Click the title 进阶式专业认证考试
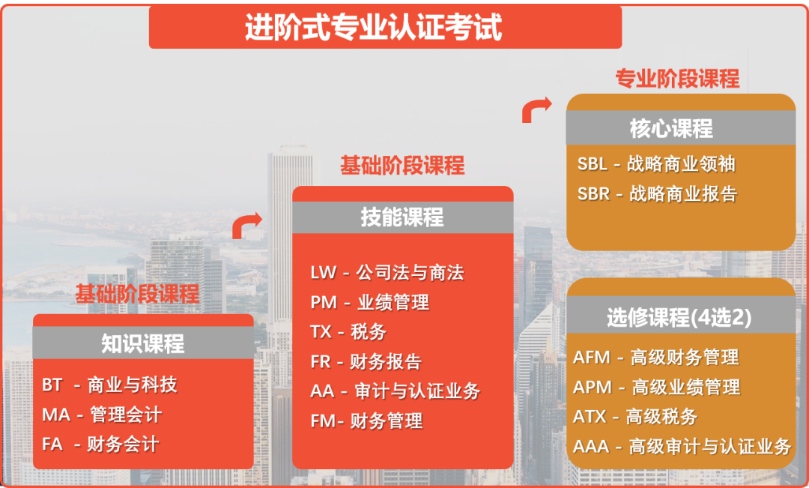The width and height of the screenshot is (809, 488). (x=373, y=28)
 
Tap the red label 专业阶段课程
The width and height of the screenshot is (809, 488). (x=677, y=78)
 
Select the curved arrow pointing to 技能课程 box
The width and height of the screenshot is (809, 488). (x=246, y=224)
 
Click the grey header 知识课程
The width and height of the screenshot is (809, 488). (x=143, y=343)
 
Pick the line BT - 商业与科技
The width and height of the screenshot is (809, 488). (x=109, y=385)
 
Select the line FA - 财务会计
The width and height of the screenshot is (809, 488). (x=100, y=444)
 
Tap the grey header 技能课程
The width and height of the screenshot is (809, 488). (x=402, y=217)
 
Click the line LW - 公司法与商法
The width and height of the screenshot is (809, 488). (x=387, y=272)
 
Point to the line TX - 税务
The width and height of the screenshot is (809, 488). (x=348, y=331)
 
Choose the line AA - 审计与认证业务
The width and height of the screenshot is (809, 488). (x=395, y=391)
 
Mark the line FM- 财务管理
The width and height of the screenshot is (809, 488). (x=366, y=421)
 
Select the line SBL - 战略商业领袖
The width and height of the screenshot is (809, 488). (x=656, y=164)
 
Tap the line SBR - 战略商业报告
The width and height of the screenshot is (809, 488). (x=657, y=193)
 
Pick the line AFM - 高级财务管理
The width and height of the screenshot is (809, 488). (x=655, y=358)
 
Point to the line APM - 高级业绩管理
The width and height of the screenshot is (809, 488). (x=656, y=387)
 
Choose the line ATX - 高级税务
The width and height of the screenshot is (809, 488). (x=634, y=417)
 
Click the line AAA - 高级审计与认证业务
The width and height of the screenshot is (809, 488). (x=682, y=447)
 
